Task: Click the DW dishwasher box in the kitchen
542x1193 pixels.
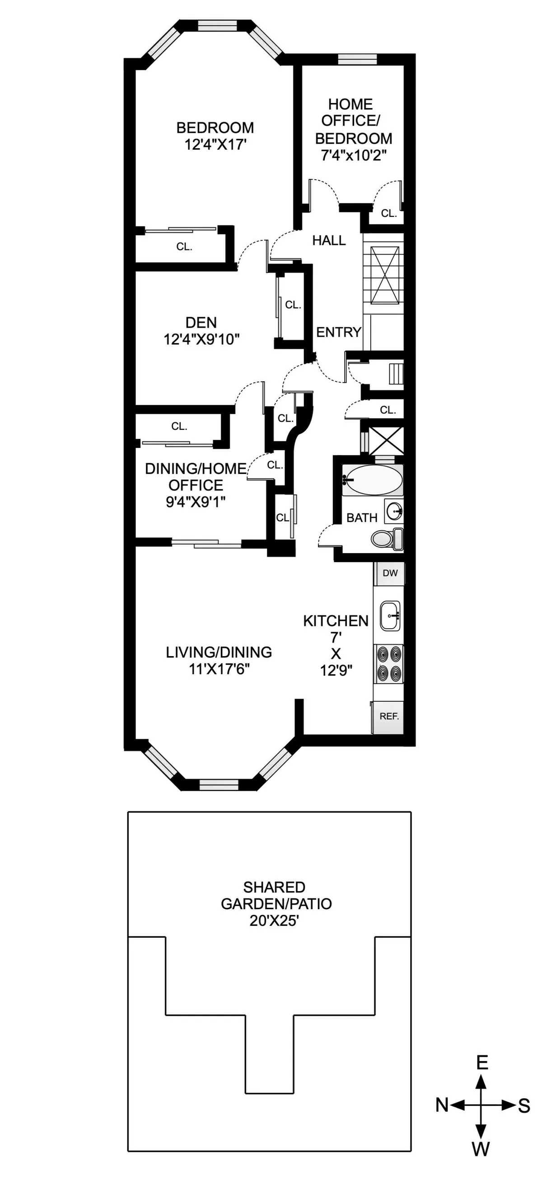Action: pyautogui.click(x=389, y=573)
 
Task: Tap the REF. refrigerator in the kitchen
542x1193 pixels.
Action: pyautogui.click(x=388, y=716)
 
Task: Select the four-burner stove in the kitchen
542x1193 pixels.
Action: pyautogui.click(x=388, y=663)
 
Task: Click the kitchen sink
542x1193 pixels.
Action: pyautogui.click(x=390, y=616)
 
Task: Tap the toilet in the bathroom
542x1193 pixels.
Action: pyautogui.click(x=387, y=538)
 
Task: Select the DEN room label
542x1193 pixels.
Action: pyautogui.click(x=201, y=323)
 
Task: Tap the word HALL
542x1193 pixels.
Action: pyautogui.click(x=329, y=240)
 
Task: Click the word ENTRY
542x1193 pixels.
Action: pyautogui.click(x=338, y=332)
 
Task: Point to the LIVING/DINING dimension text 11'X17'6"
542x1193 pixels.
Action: pyautogui.click(x=219, y=669)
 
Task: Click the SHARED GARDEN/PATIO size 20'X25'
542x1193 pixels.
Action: pyautogui.click(x=274, y=920)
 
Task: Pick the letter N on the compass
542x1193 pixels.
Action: pyautogui.click(x=442, y=1105)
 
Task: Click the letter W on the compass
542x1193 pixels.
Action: pyautogui.click(x=481, y=1149)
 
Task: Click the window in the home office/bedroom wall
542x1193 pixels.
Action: pyautogui.click(x=357, y=59)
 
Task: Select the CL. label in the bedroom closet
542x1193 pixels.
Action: pyautogui.click(x=184, y=247)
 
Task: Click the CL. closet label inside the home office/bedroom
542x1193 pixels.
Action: pyautogui.click(x=389, y=213)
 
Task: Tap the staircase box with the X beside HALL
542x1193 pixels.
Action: pyautogui.click(x=384, y=275)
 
